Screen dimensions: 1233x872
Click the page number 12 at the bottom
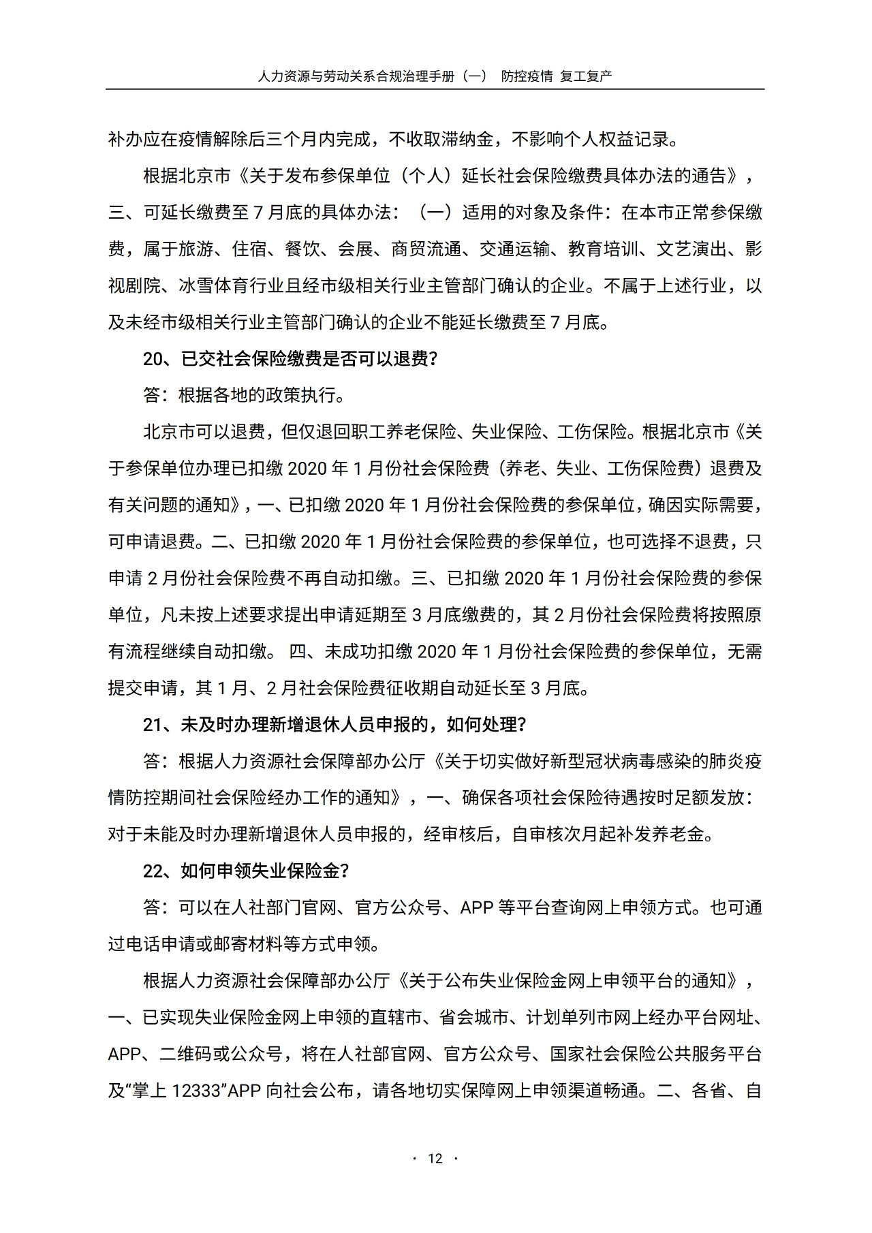pyautogui.click(x=435, y=1158)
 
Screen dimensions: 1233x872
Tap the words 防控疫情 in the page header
pyautogui.click(x=527, y=76)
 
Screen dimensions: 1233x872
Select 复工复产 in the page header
pyautogui.click(x=586, y=76)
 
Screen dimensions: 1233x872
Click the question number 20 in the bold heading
pyautogui.click(x=151, y=359)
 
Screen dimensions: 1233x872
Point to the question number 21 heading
pyautogui.click(x=151, y=725)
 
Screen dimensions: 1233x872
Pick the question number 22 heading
pyautogui.click(x=151, y=871)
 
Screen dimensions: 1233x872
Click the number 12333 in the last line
pyautogui.click(x=196, y=1091)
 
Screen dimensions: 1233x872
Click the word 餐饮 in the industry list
pyautogui.click(x=302, y=249)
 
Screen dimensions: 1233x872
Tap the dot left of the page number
pyautogui.click(x=414, y=1158)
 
